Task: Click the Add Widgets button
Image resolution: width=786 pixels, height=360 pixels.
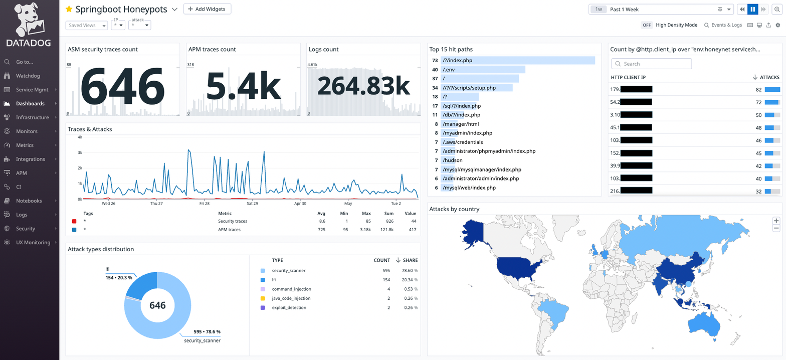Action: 207,9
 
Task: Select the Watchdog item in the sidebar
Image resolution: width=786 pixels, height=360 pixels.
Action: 28,76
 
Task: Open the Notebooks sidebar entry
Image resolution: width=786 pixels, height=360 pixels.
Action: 29,201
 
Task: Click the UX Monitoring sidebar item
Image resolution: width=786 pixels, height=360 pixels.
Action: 33,242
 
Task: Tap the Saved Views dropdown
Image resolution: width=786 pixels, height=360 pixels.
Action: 87,25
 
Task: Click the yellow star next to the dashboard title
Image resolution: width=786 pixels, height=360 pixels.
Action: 69,9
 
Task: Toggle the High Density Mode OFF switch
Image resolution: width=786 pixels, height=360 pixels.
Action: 647,25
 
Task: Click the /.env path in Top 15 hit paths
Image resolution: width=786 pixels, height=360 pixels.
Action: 449,70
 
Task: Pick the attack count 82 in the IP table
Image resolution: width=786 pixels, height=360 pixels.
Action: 758,89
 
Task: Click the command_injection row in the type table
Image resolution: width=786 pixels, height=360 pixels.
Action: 291,289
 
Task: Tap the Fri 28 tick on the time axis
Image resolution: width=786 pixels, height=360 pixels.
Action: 205,204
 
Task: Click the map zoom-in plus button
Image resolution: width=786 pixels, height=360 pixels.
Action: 776,221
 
